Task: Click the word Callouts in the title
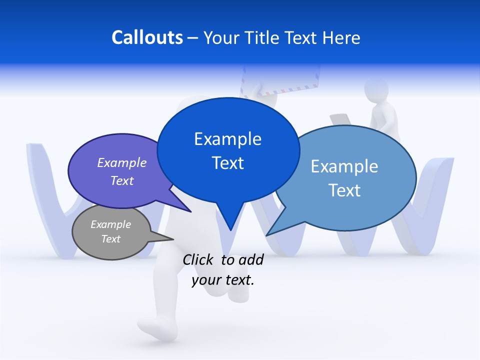coord(147,37)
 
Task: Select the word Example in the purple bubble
coord(121,162)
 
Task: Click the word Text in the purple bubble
coord(121,180)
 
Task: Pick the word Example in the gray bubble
coord(110,224)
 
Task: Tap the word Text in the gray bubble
coord(110,239)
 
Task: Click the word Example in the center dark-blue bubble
coord(227,138)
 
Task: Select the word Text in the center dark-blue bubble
coord(227,163)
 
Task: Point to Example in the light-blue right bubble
coord(344,166)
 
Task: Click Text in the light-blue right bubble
coord(344,190)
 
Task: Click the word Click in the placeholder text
coord(198,259)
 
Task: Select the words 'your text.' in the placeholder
coord(223,280)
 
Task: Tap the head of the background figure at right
coord(376,90)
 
